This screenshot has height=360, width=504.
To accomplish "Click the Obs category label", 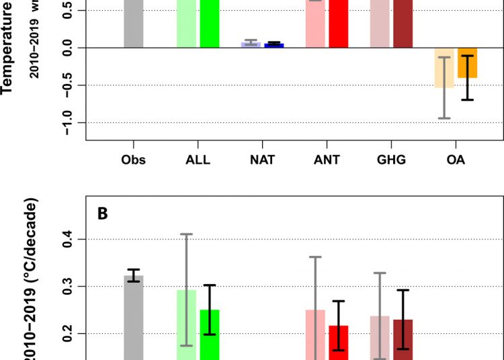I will coord(133,161).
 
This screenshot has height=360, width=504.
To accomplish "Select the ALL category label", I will coord(198,161).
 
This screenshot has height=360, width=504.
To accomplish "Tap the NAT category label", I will coord(262,161).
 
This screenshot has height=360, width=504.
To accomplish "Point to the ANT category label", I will coord(327,161).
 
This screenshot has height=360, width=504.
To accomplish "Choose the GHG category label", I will coord(391,161).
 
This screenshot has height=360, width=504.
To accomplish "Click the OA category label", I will coord(456,161).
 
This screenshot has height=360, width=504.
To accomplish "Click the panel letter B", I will coord(103,214).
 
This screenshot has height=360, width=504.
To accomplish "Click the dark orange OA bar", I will coord(468,63).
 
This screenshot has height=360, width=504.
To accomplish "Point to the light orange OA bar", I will coord(444,68).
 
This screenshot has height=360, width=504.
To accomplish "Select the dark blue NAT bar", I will coord(274,46).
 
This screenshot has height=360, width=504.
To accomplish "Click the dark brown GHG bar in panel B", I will coord(403,339).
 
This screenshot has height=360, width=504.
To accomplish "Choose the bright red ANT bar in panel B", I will coord(339,343).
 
